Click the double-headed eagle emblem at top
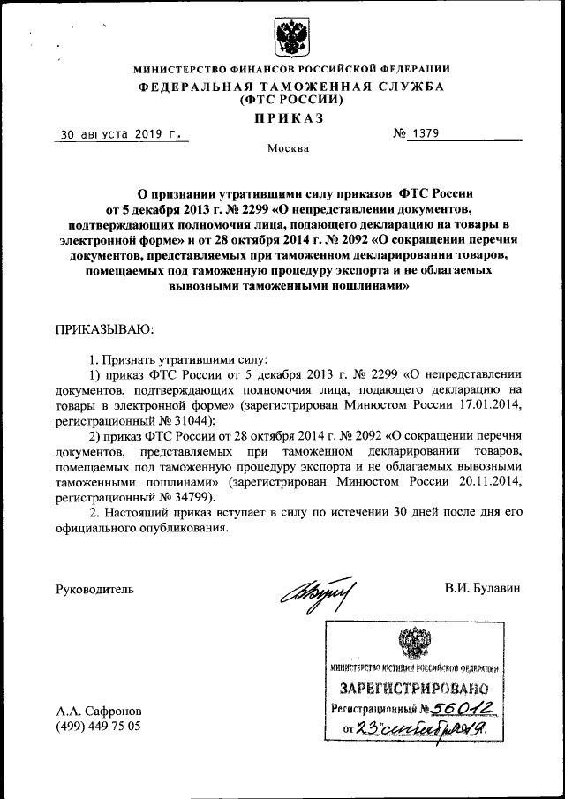click(289, 38)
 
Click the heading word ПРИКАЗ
click(289, 118)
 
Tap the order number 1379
click(422, 134)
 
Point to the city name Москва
click(289, 149)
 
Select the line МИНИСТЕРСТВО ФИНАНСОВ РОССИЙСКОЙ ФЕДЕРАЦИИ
click(290, 69)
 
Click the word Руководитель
click(94, 588)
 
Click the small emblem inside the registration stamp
click(413, 642)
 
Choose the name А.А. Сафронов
click(97, 710)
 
